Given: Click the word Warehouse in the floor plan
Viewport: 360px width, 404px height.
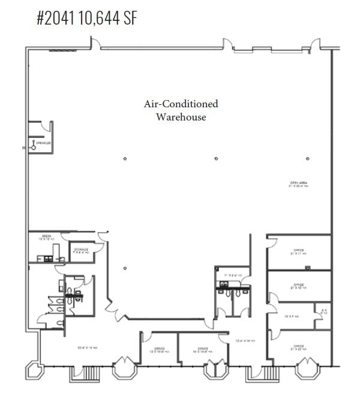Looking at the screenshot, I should (181, 117).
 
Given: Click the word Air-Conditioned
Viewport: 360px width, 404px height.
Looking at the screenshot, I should (181, 104).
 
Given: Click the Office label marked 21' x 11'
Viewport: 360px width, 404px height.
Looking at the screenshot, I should (299, 252).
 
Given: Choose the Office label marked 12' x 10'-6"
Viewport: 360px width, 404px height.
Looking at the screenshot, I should (159, 349).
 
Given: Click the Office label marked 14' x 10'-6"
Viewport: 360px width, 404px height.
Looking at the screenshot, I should (202, 349).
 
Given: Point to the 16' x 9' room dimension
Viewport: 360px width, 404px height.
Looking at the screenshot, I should (292, 314).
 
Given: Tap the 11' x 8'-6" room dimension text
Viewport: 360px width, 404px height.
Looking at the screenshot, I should (232, 275).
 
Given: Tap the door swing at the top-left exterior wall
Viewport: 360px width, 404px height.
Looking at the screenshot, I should (95, 43).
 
